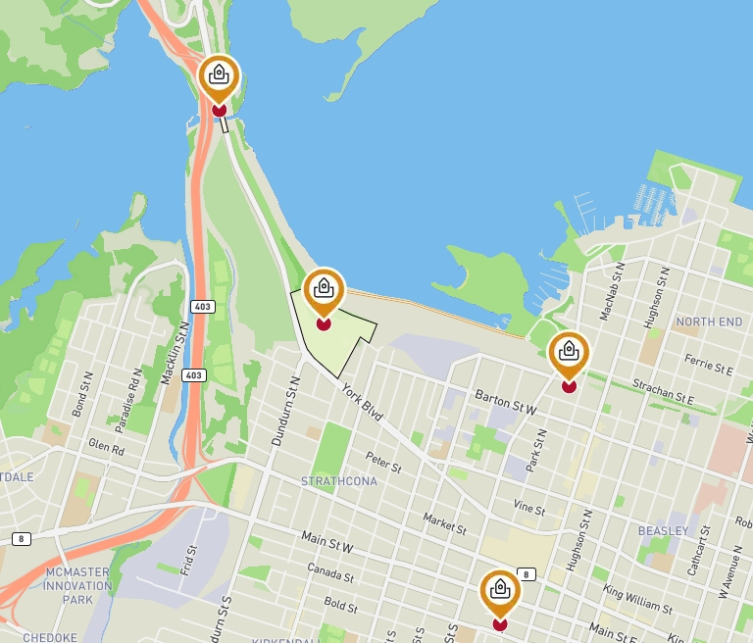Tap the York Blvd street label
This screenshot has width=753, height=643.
(x=362, y=404)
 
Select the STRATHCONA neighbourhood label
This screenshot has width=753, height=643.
(x=339, y=481)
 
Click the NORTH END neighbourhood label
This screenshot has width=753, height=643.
(x=709, y=321)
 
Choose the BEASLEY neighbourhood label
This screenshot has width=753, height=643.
(x=663, y=530)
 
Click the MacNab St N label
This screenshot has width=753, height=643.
(x=612, y=290)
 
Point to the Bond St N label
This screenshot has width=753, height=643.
(x=81, y=393)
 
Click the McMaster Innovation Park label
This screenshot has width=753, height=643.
(x=77, y=585)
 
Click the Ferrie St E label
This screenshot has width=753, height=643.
(x=709, y=365)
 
